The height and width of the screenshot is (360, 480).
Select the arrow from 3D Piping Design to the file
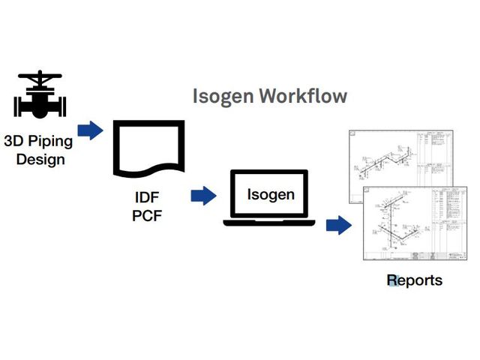click(91, 130)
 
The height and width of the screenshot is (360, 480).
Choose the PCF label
click(147, 218)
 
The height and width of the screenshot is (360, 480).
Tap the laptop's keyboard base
click(271, 223)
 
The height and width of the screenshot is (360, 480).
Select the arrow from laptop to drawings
click(340, 224)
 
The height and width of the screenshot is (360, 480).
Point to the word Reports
click(414, 280)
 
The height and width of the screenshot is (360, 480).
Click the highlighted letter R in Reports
click(392, 280)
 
